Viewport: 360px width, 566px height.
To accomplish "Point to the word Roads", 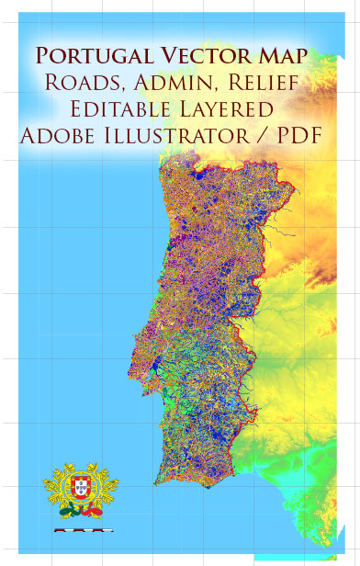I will point(83,84).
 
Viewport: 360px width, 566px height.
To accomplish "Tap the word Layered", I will point(235,110).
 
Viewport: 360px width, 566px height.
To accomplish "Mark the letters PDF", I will point(303,137).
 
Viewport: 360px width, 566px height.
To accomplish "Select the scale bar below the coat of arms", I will point(83,530).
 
